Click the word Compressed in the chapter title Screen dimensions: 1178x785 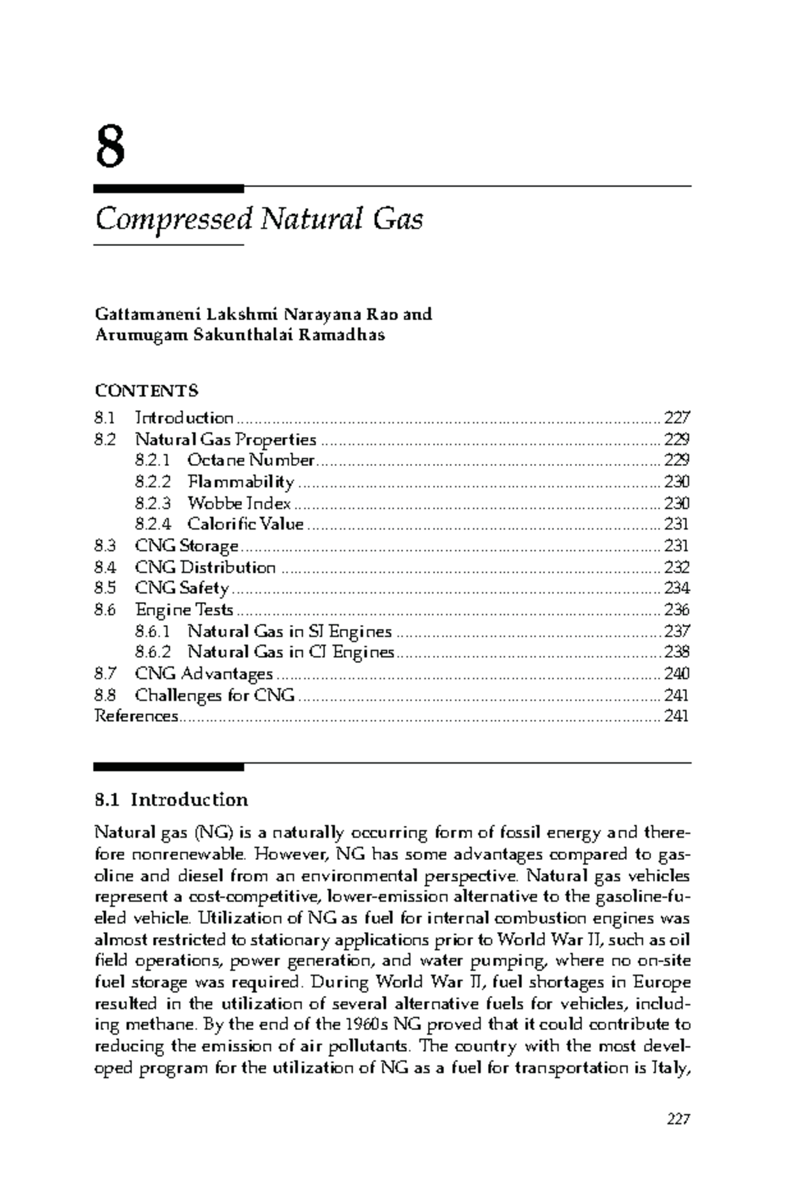tap(173, 219)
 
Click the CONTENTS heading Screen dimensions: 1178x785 tap(147, 391)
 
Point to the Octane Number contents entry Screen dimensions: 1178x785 tap(251, 460)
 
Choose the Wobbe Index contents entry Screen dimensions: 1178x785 tap(239, 503)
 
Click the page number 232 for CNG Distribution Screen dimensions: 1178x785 tap(676, 567)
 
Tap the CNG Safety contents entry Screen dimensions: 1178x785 tap(182, 588)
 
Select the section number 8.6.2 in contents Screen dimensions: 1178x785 tap(153, 652)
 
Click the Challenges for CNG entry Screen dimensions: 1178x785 tap(215, 695)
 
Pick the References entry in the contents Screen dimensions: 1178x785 tap(136, 716)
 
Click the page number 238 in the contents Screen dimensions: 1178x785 tap(676, 652)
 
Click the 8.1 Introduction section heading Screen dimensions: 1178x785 tap(171, 800)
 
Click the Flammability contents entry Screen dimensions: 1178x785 tap(241, 482)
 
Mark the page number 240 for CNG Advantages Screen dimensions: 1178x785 tap(676, 674)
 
